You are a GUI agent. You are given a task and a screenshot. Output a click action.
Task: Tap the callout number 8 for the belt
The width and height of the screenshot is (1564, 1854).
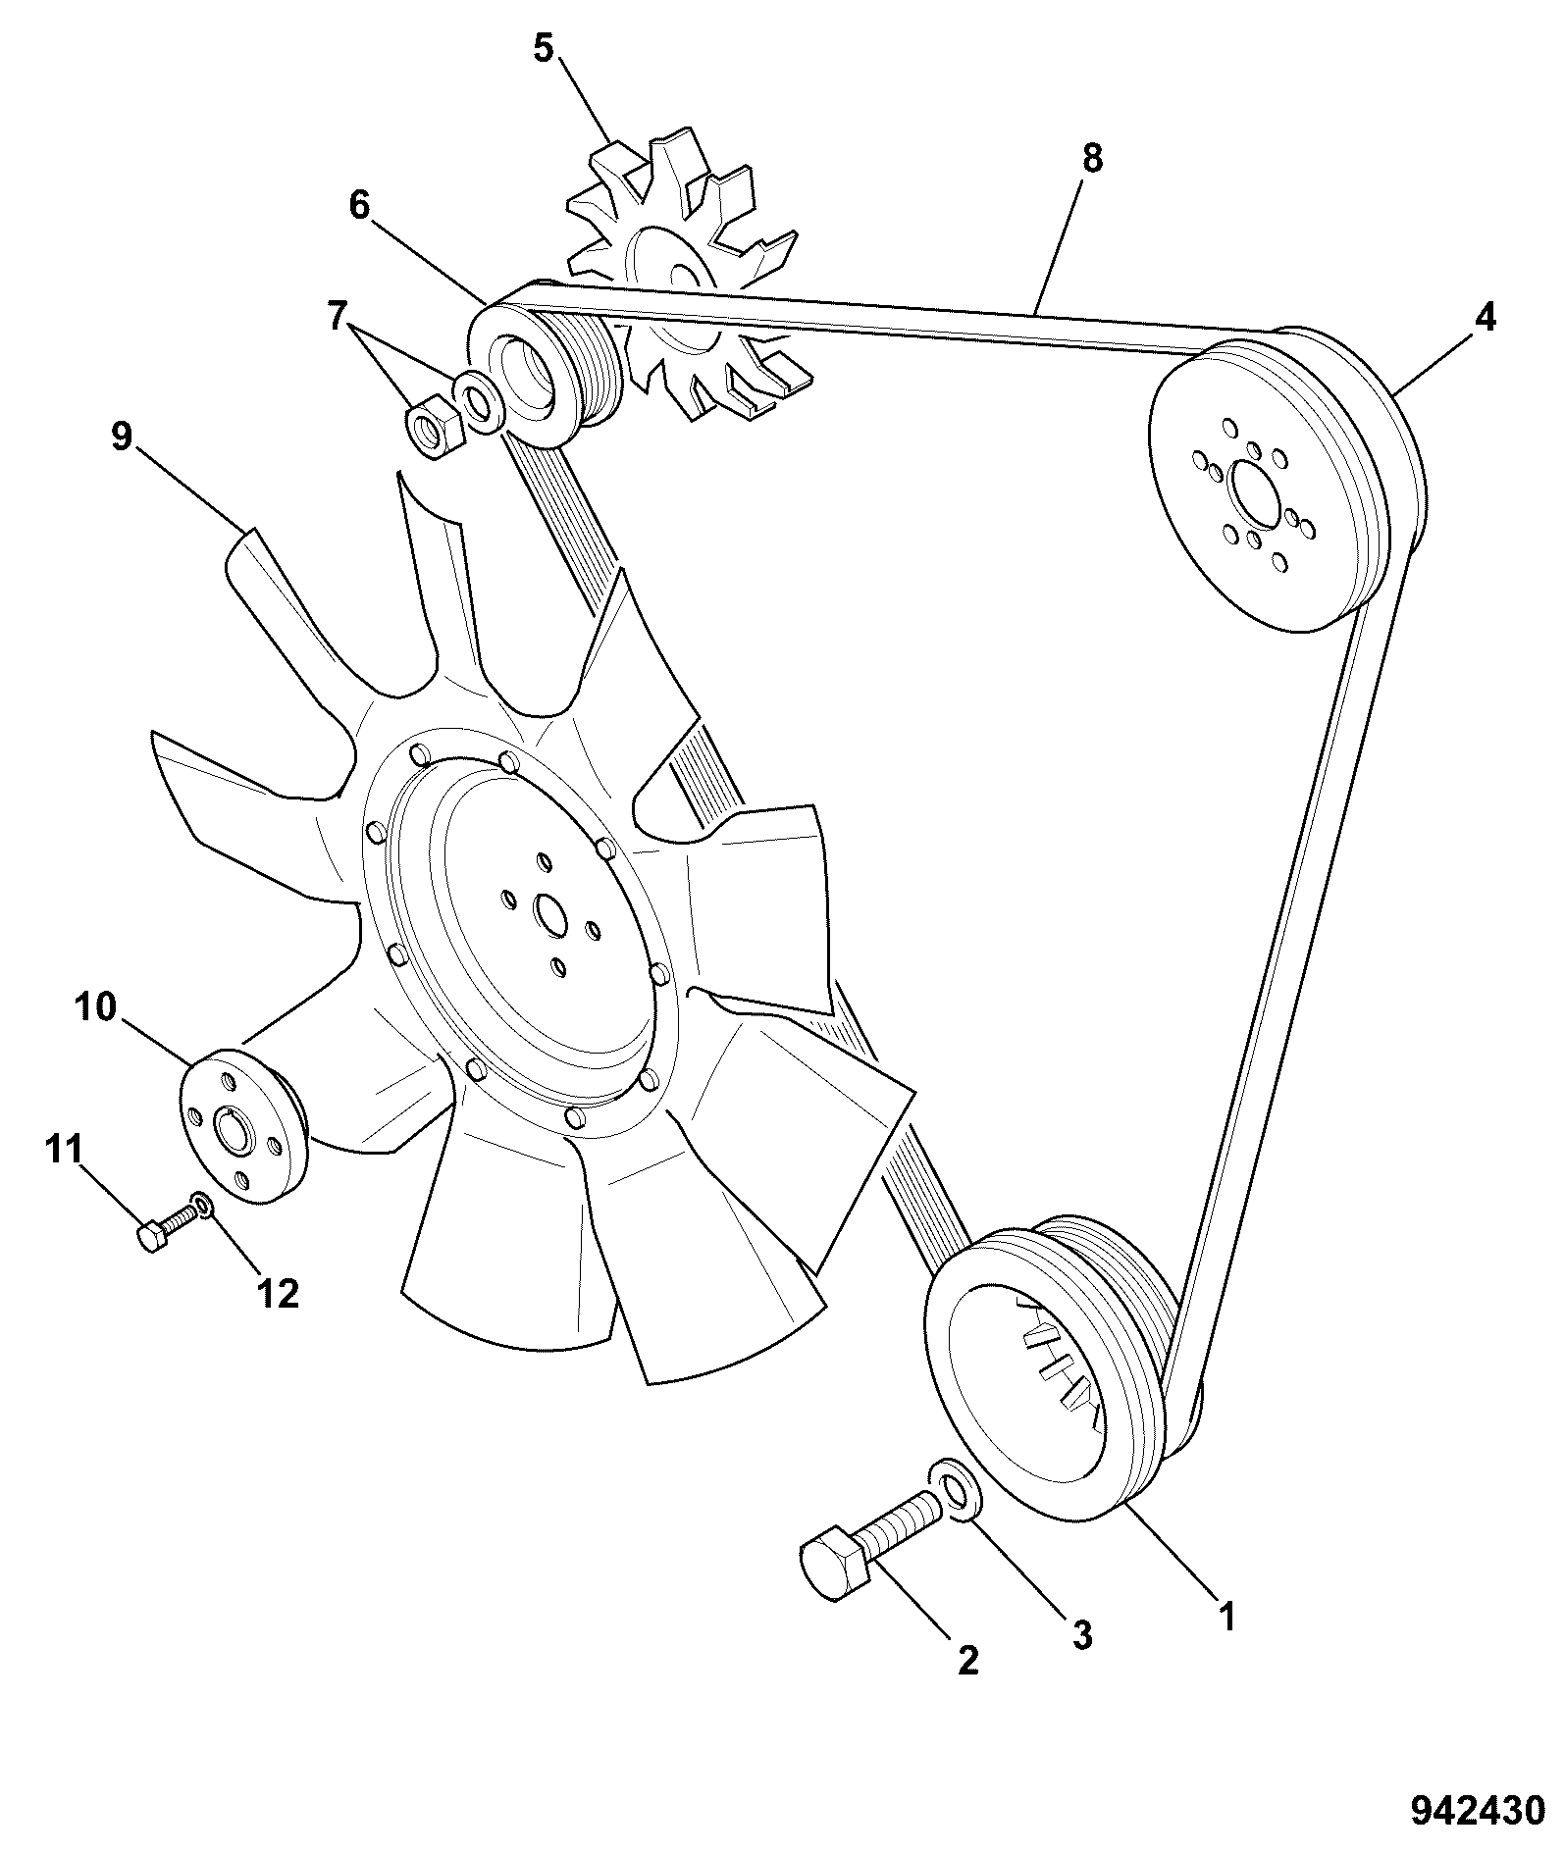tap(1092, 157)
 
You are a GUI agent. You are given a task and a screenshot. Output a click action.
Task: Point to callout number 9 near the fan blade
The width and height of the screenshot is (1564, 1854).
tap(121, 436)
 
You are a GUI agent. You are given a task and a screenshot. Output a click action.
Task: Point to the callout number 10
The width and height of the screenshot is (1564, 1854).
tap(94, 1007)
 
